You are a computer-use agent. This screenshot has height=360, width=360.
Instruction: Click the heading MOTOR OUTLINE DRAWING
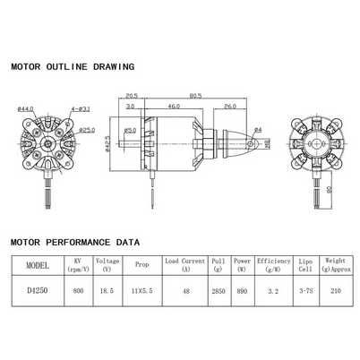pos(72,66)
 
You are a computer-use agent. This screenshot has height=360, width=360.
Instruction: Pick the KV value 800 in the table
pos(78,290)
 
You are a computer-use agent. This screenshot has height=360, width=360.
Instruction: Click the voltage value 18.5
pos(108,290)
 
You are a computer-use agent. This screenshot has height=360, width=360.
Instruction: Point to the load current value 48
pos(185,290)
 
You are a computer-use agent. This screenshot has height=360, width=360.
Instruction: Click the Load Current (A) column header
pos(185,264)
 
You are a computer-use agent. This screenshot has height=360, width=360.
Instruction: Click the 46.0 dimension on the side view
pos(171,106)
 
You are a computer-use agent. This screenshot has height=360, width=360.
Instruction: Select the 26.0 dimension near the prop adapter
pos(230,106)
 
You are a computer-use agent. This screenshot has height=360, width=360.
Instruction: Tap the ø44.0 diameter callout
pos(25,108)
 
